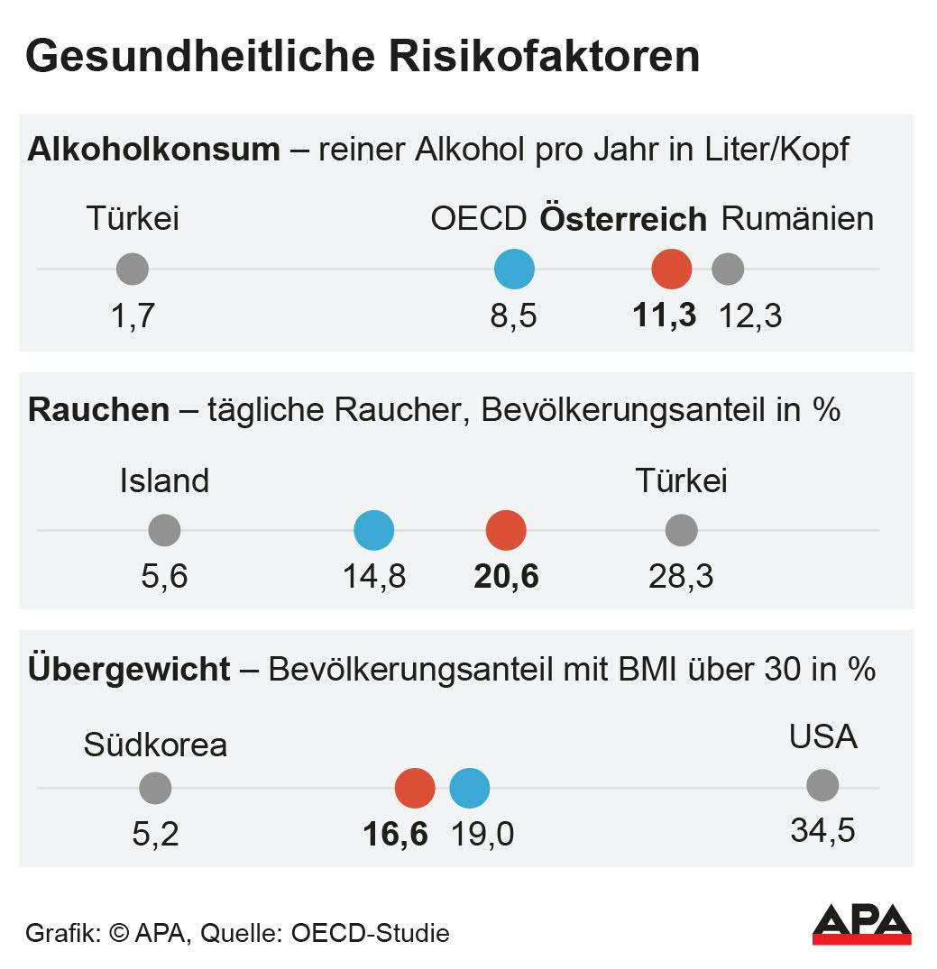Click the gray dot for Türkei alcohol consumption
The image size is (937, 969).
coord(133,269)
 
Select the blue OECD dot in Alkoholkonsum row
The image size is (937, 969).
coord(514,269)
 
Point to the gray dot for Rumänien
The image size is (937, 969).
coord(728,269)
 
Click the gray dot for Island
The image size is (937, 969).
coord(164,530)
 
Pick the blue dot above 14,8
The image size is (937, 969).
coord(373,530)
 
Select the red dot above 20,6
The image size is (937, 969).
coord(506,530)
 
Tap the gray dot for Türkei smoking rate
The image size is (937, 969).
coord(681,530)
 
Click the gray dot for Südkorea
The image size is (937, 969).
coord(155,788)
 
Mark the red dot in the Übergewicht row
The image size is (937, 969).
coord(415,788)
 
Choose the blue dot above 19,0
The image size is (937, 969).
coord(469,788)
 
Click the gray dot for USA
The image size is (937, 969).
coord(822,785)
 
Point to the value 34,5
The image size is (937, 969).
coord(822,830)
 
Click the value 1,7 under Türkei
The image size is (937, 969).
coord(133,316)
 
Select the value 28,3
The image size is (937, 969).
coord(681,576)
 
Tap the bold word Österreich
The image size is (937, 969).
coord(622,220)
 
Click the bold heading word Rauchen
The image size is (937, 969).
coord(99,410)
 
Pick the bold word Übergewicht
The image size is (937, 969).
coord(130,671)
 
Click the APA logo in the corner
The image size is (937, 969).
coord(861,925)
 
